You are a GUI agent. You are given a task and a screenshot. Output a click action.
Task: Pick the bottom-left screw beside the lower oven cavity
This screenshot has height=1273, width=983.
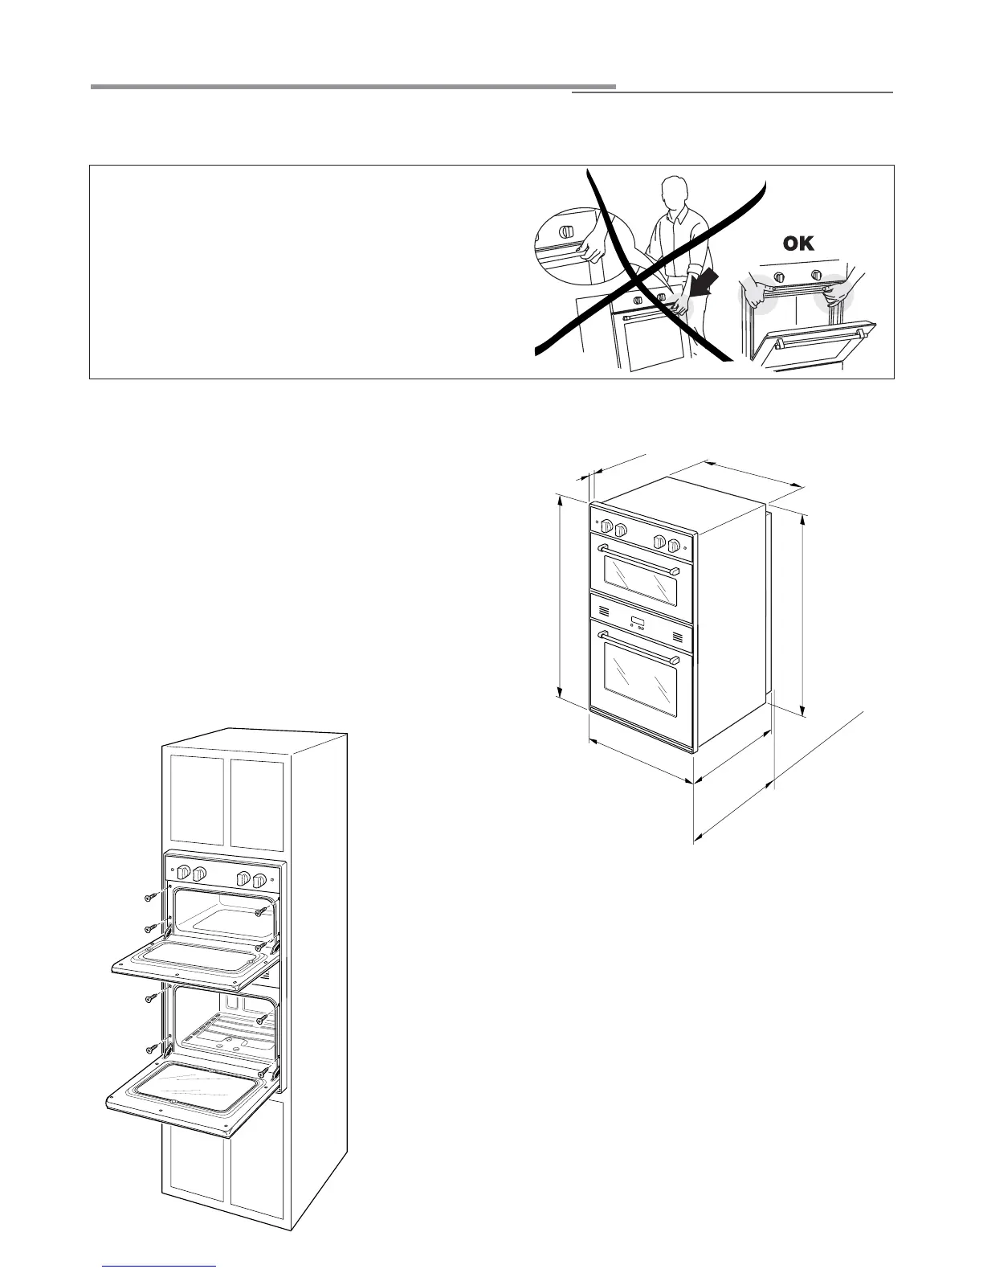[150, 1050]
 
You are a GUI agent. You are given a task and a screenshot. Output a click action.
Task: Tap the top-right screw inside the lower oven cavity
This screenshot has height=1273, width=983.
[261, 1019]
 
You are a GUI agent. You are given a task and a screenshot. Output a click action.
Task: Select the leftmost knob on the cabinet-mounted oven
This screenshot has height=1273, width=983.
[183, 873]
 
